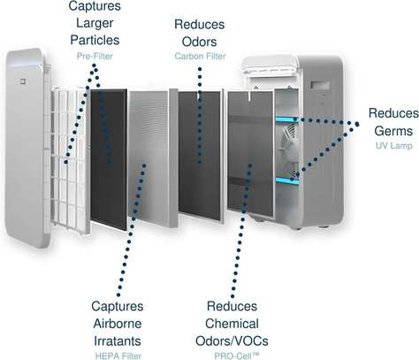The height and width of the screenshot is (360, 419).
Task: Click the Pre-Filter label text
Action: pyautogui.click(x=95, y=56)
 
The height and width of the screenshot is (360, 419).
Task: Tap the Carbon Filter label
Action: pyautogui.click(x=200, y=56)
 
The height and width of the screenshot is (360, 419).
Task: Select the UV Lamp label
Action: pyautogui.click(x=394, y=146)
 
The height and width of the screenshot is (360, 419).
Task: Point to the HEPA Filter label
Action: pyautogui.click(x=118, y=356)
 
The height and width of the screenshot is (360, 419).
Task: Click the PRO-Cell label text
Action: pyautogui.click(x=236, y=356)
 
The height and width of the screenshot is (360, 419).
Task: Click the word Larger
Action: pyautogui.click(x=95, y=23)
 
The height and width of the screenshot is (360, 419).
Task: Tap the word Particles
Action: pyautogui.click(x=95, y=40)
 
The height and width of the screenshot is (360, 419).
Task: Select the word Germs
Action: pyautogui.click(x=393, y=131)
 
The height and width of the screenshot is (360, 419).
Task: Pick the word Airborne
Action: pyautogui.click(x=118, y=324)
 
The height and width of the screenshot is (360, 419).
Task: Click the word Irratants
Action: pyautogui.click(x=118, y=341)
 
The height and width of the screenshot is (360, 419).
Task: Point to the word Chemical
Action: pyautogui.click(x=232, y=324)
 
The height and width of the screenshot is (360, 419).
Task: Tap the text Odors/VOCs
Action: pyautogui.click(x=232, y=341)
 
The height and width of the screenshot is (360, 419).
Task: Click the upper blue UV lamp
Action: pyautogui.click(x=286, y=119)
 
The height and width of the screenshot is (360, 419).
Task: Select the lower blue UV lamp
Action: pyautogui.click(x=287, y=180)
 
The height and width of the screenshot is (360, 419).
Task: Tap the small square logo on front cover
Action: pyautogui.click(x=23, y=81)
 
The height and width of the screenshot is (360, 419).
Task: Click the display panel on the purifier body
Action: pyautogui.click(x=320, y=85)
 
